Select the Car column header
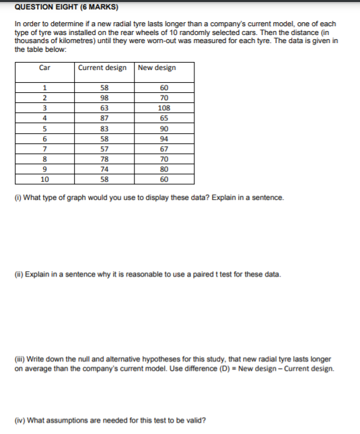coord(45,67)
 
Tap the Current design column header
coord(102,67)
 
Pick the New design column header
coord(156,67)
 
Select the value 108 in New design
coord(164,108)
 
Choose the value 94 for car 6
coord(164,139)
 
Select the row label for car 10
coord(44,180)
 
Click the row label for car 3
coord(44,108)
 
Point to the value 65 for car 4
coord(164,118)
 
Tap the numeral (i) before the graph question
coord(17,198)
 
